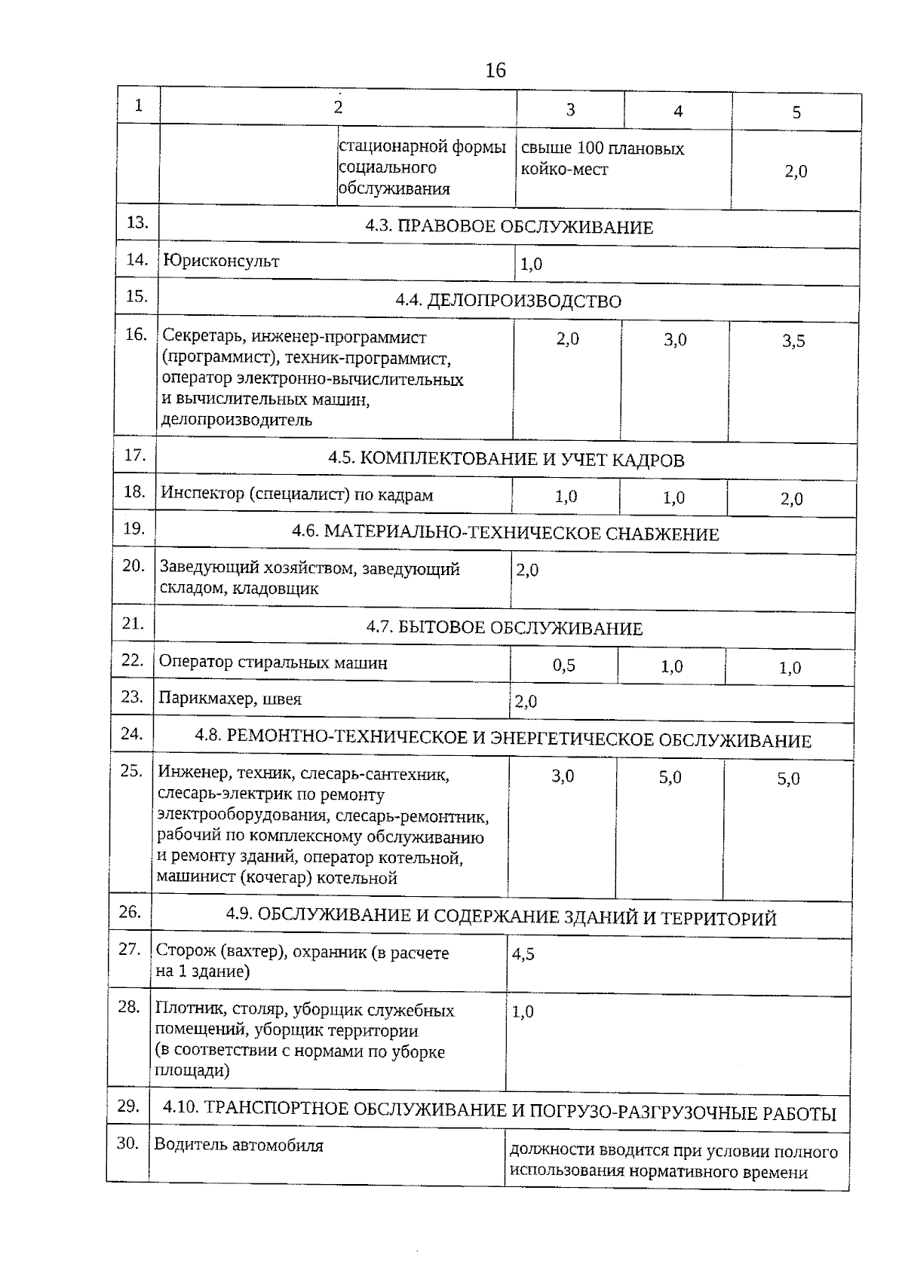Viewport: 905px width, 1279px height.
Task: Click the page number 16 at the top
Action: [x=495, y=71]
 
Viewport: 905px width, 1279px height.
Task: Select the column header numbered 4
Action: [x=678, y=112]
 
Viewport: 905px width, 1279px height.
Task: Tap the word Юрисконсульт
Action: [x=222, y=262]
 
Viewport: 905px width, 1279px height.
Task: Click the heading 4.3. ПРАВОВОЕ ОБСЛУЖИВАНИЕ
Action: [x=509, y=227]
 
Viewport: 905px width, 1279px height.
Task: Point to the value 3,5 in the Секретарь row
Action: [x=793, y=341]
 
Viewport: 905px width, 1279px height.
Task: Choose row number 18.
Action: [x=133, y=492]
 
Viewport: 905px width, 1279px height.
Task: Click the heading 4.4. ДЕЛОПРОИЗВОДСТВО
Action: [x=508, y=301]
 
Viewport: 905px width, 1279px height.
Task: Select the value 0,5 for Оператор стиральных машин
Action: [x=564, y=666]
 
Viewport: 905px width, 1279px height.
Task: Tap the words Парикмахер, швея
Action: [x=230, y=699]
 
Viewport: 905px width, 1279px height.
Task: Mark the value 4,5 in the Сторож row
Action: [x=523, y=954]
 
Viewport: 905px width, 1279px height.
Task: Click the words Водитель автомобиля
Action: [x=239, y=1146]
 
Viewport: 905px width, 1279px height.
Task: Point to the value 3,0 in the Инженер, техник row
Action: [x=563, y=776]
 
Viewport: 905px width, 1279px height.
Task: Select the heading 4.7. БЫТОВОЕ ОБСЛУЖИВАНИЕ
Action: [x=505, y=628]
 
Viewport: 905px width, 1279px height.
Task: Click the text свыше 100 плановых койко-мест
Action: [x=602, y=159]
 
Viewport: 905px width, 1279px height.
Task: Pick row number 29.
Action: [x=128, y=1106]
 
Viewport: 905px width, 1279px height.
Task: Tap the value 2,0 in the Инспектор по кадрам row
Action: [x=792, y=499]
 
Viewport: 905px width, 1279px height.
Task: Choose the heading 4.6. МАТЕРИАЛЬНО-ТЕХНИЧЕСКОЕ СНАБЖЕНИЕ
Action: [x=505, y=534]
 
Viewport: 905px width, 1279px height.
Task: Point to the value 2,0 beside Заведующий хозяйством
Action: [x=528, y=571]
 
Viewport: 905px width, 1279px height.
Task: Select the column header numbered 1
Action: [x=139, y=106]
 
